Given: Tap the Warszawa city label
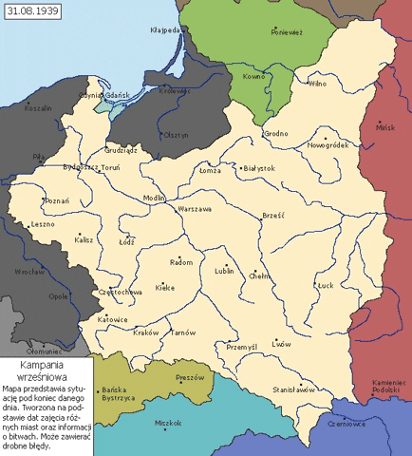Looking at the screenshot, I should pyautogui.click(x=194, y=208).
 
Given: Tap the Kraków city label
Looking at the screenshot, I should pyautogui.click(x=146, y=332).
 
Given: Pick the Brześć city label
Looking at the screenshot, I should pyautogui.click(x=273, y=216).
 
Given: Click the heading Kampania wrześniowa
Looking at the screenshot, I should pyautogui.click(x=46, y=370).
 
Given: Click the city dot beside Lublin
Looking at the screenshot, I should pyautogui.click(x=225, y=264).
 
